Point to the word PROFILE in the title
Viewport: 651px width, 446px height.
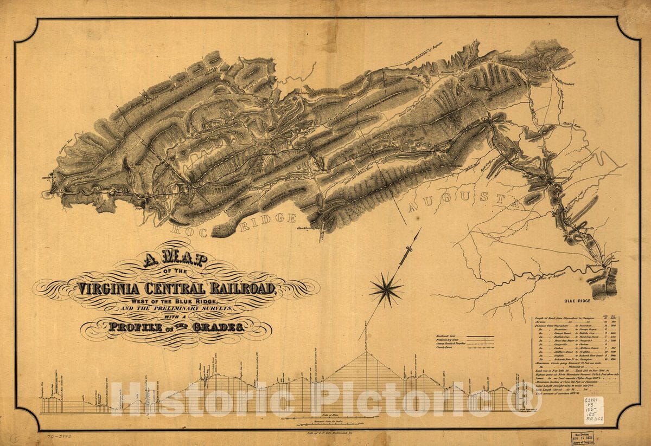tap(136, 327)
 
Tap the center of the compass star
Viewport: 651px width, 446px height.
tap(386, 289)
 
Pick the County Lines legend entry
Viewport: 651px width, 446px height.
tap(445, 350)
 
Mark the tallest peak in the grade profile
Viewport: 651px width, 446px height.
tap(367, 353)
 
